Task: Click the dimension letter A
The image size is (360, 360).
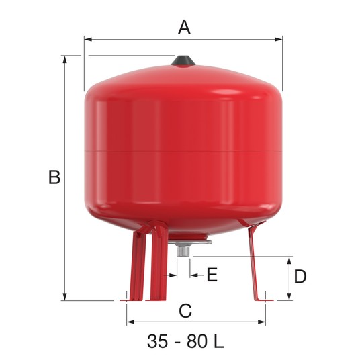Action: (184, 28)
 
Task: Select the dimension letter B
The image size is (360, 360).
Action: (54, 177)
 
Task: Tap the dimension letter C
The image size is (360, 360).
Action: (185, 311)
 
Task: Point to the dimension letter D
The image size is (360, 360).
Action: (300, 276)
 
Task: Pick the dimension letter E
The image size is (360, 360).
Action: (212, 275)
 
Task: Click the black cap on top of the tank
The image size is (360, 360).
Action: (183, 61)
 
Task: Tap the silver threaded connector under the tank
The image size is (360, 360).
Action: (183, 251)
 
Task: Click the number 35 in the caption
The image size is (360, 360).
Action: (157, 341)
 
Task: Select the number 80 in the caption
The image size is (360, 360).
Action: (197, 341)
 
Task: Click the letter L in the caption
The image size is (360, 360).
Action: (218, 341)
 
